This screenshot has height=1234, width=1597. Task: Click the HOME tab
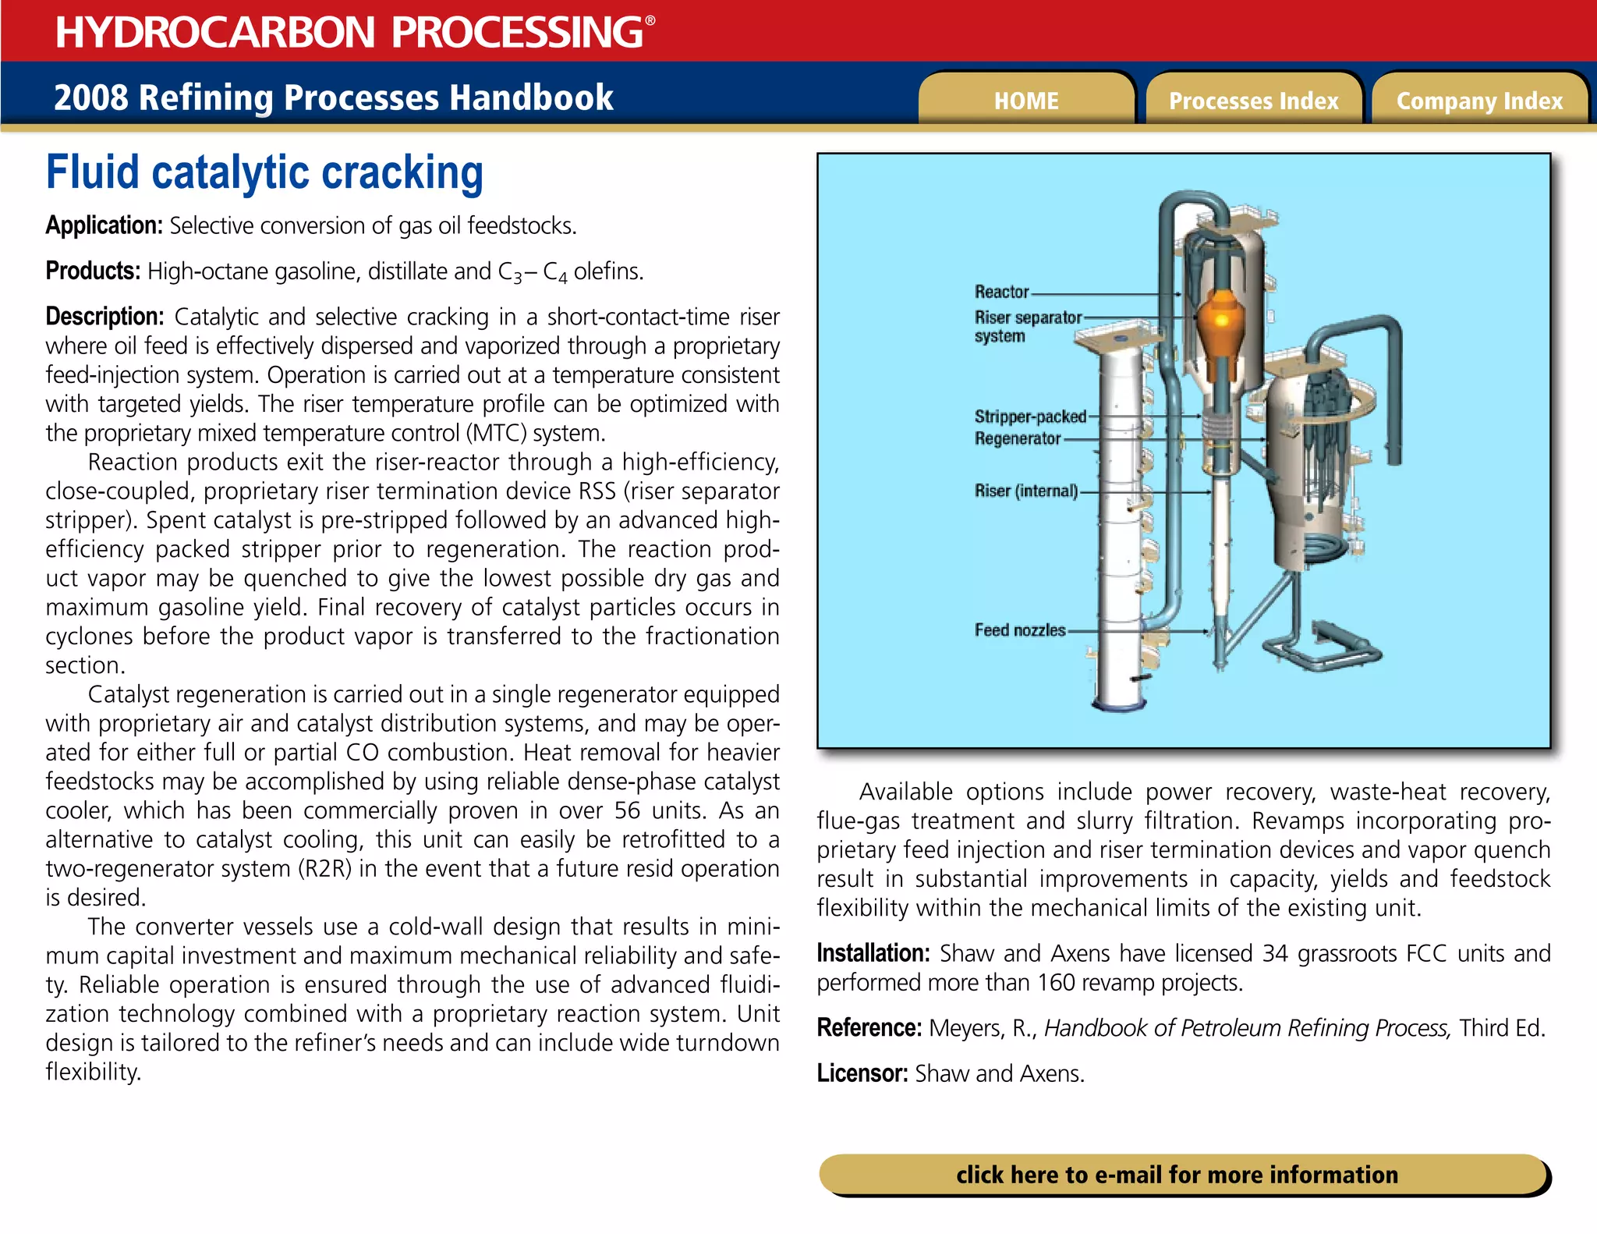pyautogui.click(x=1026, y=101)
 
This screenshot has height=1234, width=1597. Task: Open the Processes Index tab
pyautogui.click(x=1253, y=101)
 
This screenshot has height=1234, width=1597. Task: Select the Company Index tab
pyautogui.click(x=1479, y=101)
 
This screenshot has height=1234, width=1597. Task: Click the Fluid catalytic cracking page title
pyautogui.click(x=264, y=172)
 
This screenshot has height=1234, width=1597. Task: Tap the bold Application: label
pyautogui.click(x=104, y=225)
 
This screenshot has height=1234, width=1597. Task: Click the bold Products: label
pyautogui.click(x=93, y=271)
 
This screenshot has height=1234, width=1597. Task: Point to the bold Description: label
pyautogui.click(x=104, y=317)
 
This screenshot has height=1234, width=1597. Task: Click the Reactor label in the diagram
pyautogui.click(x=1001, y=292)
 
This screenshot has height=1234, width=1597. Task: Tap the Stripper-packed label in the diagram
pyautogui.click(x=1029, y=417)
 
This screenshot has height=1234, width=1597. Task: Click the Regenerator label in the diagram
pyautogui.click(x=1017, y=438)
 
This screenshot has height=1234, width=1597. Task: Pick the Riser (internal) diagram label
pyautogui.click(x=1025, y=491)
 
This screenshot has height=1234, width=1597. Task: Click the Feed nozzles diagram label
pyautogui.click(x=1019, y=629)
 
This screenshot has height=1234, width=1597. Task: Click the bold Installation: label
pyautogui.click(x=873, y=953)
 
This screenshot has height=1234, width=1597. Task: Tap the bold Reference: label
pyautogui.click(x=869, y=1028)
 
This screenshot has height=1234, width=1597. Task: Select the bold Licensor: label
pyautogui.click(x=862, y=1073)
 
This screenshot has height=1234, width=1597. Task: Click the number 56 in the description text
pyautogui.click(x=627, y=810)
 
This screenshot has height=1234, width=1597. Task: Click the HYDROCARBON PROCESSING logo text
pyautogui.click(x=349, y=32)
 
